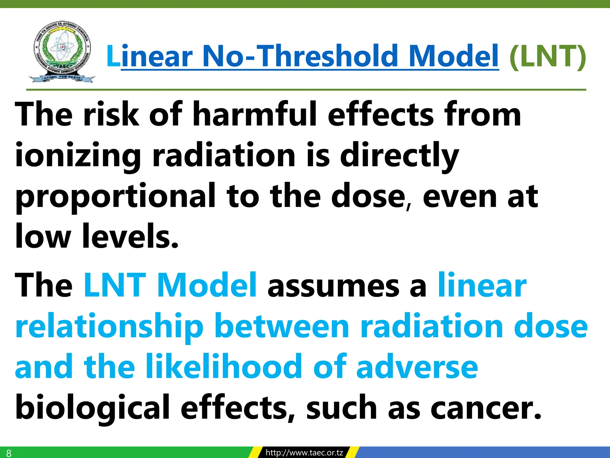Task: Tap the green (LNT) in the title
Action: tap(547, 57)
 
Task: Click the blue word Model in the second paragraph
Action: tap(207, 285)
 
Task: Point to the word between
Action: tap(282, 327)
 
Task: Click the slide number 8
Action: tap(9, 453)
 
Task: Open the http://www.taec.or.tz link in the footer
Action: tap(304, 453)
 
